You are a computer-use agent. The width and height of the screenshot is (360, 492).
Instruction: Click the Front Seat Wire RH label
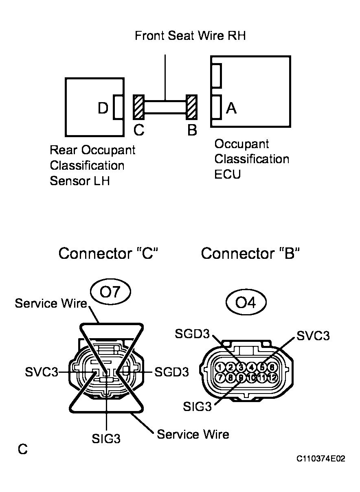pos(190,36)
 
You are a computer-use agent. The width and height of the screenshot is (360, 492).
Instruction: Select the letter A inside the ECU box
pos(231,108)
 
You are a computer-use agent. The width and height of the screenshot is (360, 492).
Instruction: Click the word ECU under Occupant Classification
pos(228,174)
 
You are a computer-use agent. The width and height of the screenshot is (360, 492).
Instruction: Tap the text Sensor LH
pos(79,181)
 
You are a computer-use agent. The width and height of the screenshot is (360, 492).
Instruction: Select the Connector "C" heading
pos(108,254)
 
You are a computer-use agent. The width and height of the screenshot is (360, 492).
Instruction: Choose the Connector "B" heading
pos(250,254)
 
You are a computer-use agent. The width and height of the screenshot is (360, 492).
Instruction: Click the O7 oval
pos(111,293)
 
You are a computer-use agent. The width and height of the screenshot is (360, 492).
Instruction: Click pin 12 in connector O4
pos(272,378)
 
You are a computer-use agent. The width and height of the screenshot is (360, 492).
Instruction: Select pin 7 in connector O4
pos(220,378)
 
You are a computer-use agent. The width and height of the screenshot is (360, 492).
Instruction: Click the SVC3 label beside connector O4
pos(312,336)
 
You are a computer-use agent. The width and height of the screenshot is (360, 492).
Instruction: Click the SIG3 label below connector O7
pos(106,439)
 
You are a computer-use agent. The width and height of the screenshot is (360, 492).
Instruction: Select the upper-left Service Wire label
pos(51,304)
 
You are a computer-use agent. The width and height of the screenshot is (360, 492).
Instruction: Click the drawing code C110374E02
pos(320,459)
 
